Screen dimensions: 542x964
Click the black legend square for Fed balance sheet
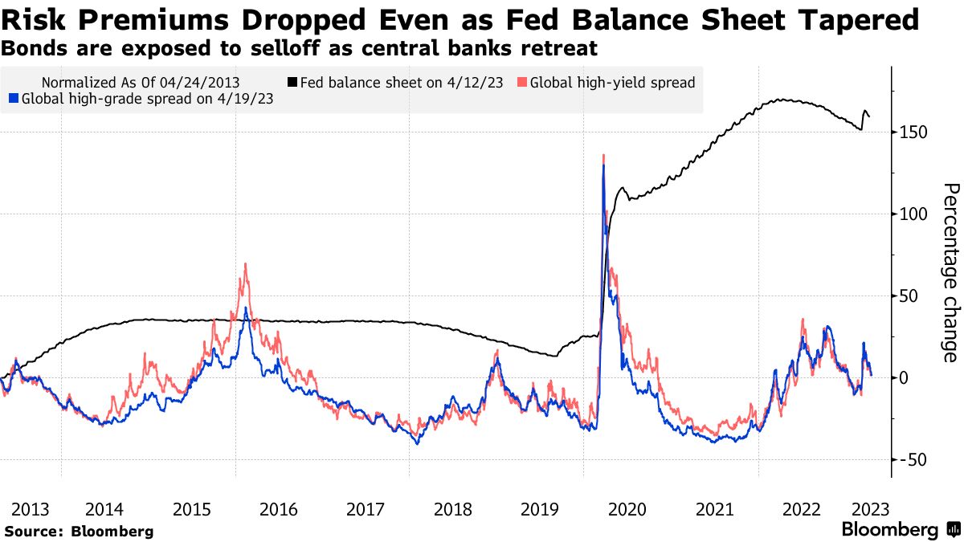(293, 82)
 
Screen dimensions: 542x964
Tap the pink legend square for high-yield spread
(523, 82)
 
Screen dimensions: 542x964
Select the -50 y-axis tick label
(916, 459)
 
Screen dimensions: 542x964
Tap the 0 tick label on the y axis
(905, 377)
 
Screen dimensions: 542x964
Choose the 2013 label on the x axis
(31, 509)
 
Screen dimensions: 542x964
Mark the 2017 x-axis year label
(366, 509)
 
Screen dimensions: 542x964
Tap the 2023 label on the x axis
(869, 509)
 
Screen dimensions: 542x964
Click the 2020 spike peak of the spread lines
(603, 156)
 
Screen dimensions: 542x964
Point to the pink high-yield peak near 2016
(245, 264)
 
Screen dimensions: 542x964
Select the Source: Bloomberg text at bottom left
(79, 531)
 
